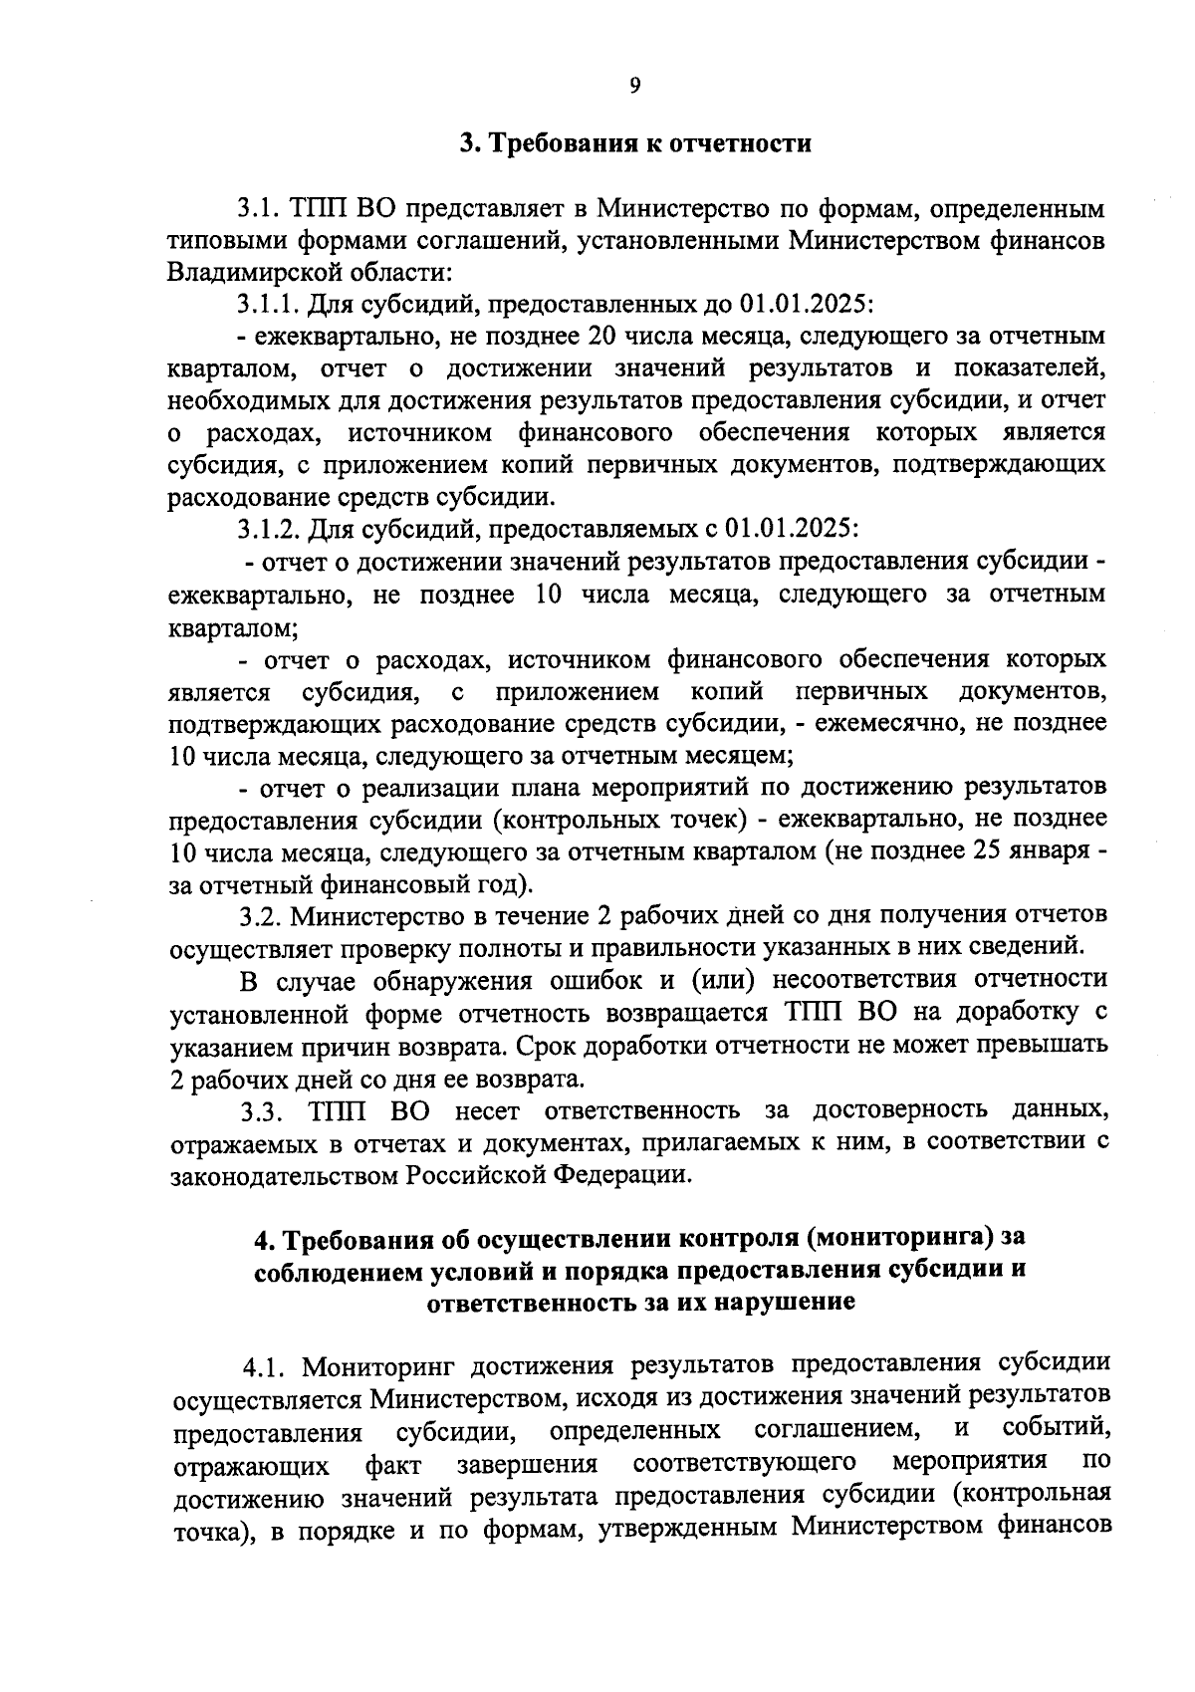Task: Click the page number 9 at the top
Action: (634, 86)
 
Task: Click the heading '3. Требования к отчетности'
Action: (635, 143)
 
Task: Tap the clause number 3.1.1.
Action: (270, 302)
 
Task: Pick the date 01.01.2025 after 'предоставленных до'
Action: (804, 302)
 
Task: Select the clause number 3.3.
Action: (263, 1109)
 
